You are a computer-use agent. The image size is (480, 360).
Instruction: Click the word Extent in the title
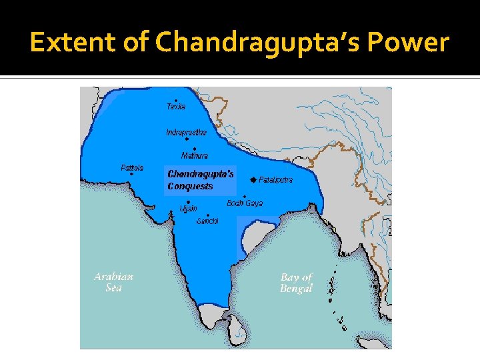pyautogui.click(x=71, y=43)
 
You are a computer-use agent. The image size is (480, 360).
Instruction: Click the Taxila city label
pyautogui.click(x=176, y=107)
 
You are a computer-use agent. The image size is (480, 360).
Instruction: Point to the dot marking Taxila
pyautogui.click(x=175, y=100)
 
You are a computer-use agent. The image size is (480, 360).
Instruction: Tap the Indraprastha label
pyautogui.click(x=186, y=133)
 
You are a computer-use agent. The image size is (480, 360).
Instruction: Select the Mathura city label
pyautogui.click(x=195, y=155)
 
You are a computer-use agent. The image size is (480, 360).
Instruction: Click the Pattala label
pyautogui.click(x=132, y=167)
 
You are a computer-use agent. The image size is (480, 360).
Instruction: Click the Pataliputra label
pyautogui.click(x=275, y=180)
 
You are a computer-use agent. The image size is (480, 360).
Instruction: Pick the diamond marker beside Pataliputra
pyautogui.click(x=253, y=180)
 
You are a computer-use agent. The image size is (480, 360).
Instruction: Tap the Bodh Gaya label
pyautogui.click(x=245, y=203)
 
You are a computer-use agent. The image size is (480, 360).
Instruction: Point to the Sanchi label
pyautogui.click(x=207, y=221)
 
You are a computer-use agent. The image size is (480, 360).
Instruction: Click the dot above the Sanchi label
pyautogui.click(x=208, y=215)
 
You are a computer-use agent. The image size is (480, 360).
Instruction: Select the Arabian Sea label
pyautogui.click(x=113, y=282)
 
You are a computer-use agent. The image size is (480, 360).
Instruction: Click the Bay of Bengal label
pyautogui.click(x=296, y=283)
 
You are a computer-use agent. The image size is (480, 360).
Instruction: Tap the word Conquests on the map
pyautogui.click(x=190, y=187)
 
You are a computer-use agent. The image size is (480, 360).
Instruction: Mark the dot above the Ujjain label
pyautogui.click(x=189, y=202)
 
